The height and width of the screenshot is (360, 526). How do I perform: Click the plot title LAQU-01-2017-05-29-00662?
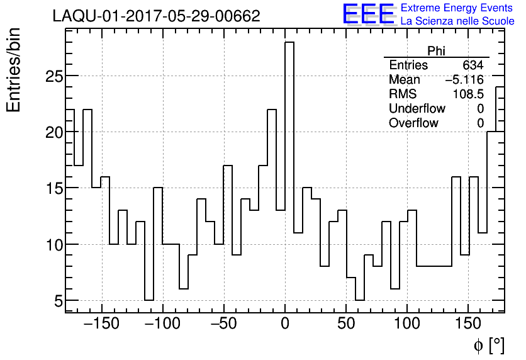point(156,16)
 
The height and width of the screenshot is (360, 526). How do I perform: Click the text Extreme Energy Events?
point(457,8)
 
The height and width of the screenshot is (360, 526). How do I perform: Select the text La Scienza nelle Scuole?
point(457,21)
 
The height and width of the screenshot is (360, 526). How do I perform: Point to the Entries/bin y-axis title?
point(14,70)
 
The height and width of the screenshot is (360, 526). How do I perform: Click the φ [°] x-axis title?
point(489,345)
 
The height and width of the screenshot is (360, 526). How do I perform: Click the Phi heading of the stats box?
point(436,51)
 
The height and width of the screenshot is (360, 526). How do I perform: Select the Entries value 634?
point(473,65)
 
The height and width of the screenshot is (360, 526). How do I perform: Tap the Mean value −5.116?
point(464,80)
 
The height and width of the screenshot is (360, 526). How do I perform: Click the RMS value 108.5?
point(468,94)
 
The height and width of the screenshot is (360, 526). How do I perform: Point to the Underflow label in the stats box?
point(417,109)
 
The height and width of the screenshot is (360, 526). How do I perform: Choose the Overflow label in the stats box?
point(413,123)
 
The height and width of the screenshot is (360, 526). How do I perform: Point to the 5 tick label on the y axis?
point(58,301)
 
